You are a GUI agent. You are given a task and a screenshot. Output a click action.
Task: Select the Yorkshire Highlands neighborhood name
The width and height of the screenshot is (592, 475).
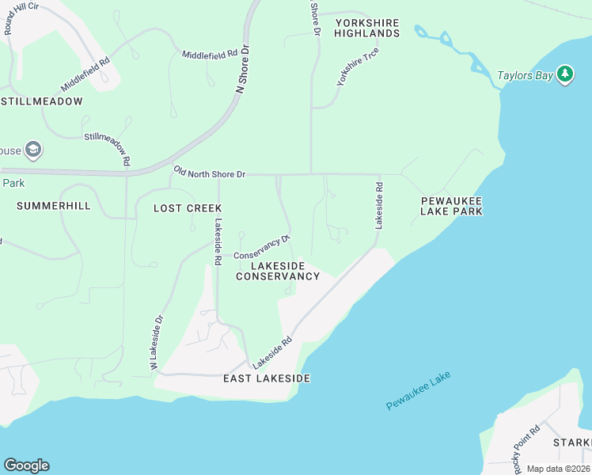click(x=366, y=28)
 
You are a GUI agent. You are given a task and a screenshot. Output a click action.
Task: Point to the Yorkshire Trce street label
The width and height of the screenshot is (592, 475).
click(x=358, y=66)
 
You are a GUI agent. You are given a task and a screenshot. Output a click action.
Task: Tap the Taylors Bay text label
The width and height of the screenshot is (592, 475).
click(x=525, y=77)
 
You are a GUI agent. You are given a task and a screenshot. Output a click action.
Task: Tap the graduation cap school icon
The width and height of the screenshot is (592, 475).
click(x=32, y=150)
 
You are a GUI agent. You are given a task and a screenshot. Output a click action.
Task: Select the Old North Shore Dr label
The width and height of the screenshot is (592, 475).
click(x=210, y=172)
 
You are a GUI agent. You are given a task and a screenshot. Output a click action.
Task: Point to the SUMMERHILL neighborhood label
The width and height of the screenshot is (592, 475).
click(x=54, y=206)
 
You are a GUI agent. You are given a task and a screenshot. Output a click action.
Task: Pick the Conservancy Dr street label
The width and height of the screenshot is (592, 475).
click(x=262, y=246)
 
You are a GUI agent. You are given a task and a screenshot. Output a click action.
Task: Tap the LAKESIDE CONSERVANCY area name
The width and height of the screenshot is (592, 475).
click(x=278, y=271)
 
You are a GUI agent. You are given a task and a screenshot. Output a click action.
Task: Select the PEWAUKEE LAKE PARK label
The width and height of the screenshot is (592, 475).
click(x=451, y=206)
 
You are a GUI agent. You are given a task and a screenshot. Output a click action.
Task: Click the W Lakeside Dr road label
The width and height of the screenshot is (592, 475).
click(x=156, y=343)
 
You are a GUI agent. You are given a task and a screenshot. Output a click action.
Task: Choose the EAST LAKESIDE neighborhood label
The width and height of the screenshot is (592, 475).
click(x=266, y=378)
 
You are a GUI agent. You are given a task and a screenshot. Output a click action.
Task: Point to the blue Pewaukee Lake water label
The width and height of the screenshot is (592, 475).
click(x=418, y=391)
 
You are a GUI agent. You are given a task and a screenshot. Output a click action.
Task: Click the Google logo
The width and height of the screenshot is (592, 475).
click(x=26, y=465)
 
